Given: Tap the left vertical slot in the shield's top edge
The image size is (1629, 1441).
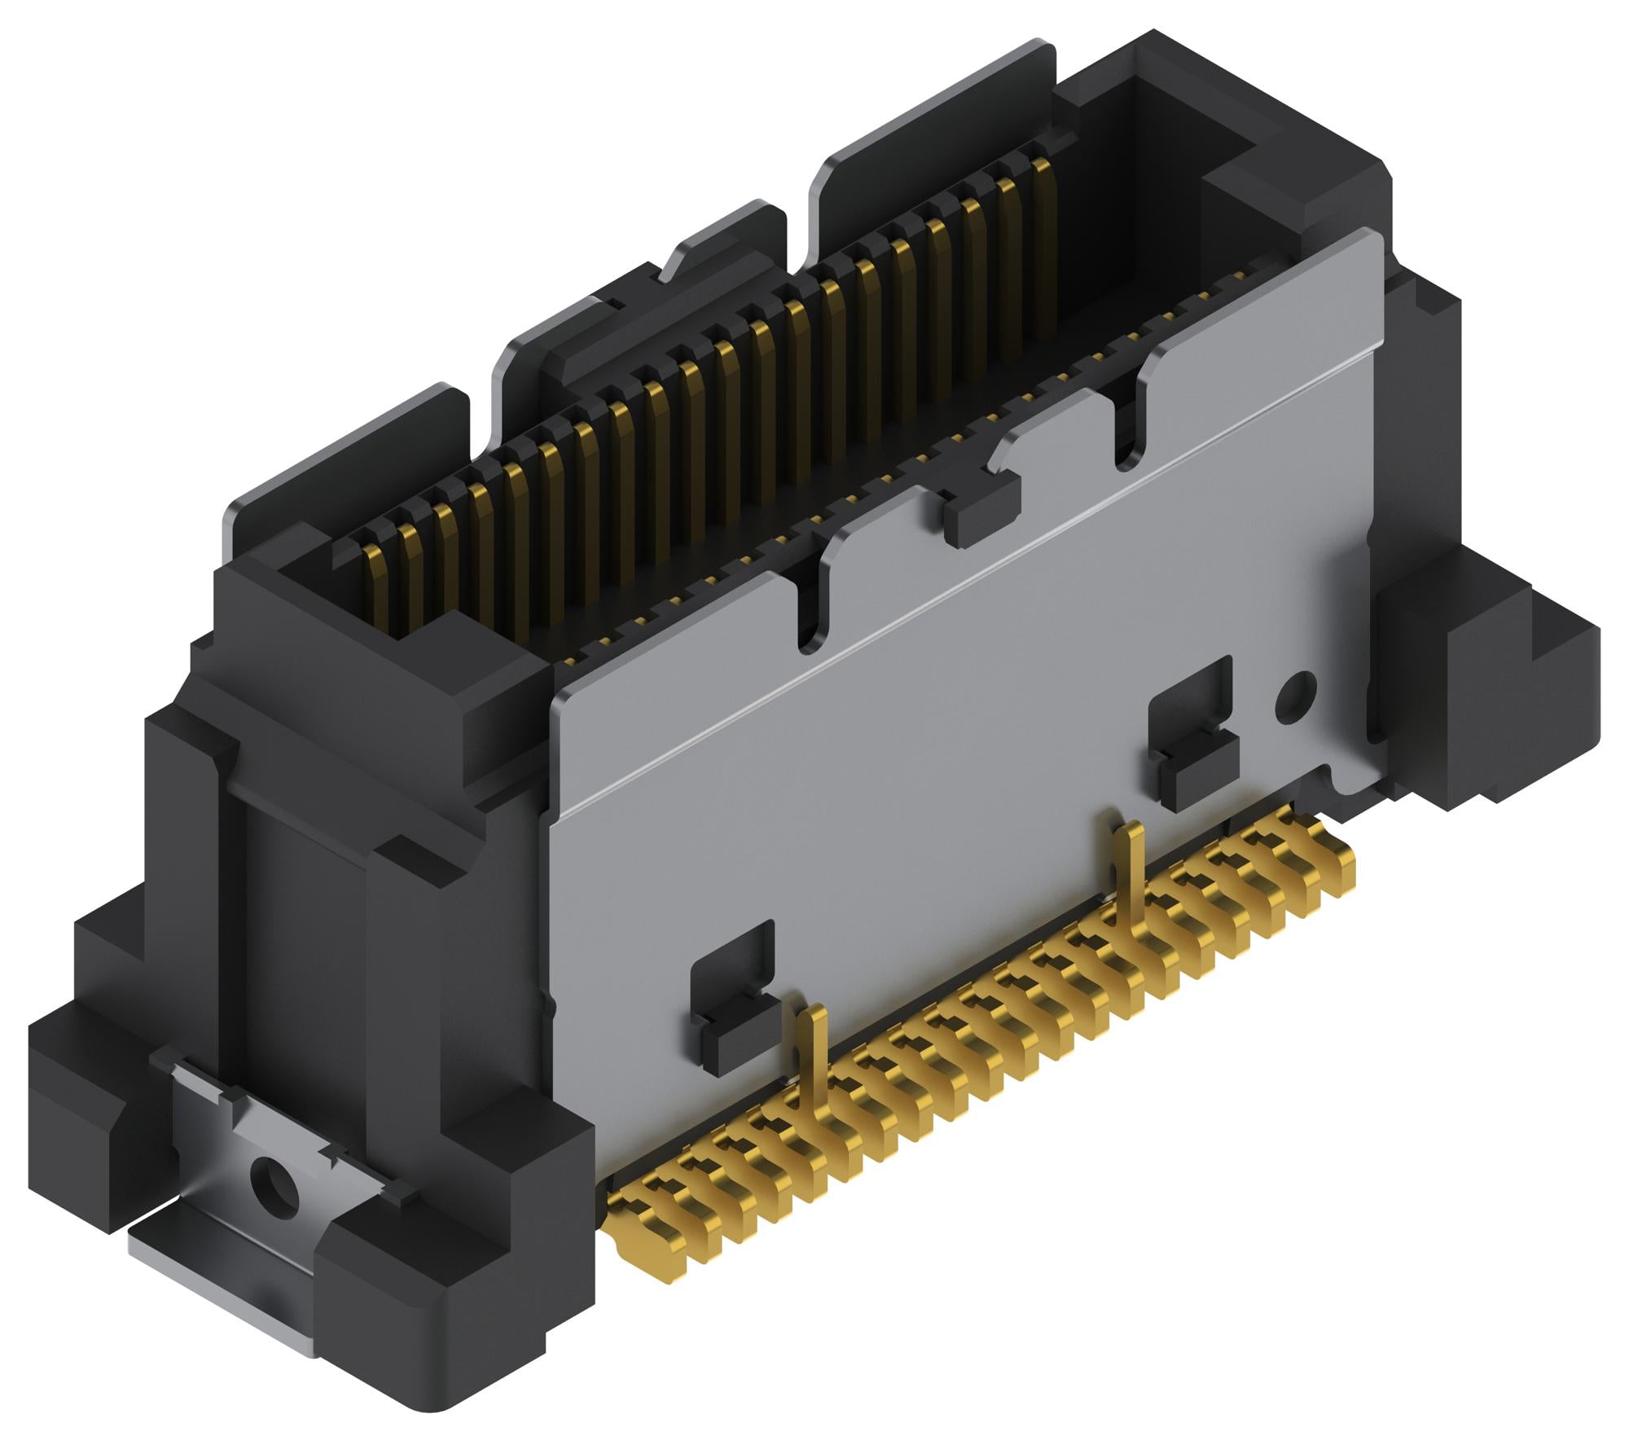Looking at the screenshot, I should [810, 603].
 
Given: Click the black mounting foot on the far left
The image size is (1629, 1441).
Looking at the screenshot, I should [73, 1083].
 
